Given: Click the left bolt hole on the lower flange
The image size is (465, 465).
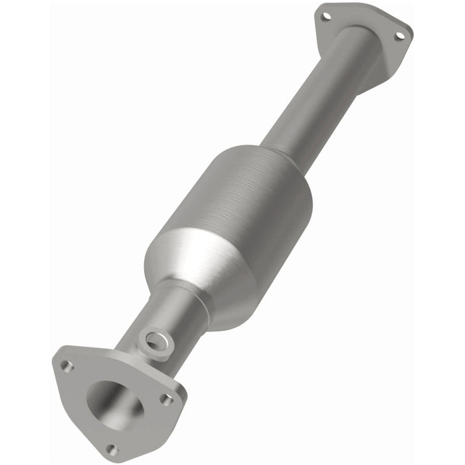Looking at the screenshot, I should point(66,365).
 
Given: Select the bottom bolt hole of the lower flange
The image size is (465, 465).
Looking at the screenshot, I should point(112,450).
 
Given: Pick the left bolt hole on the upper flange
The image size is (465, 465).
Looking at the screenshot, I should point(325,17).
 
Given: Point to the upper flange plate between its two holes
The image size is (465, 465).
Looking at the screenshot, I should point(362,20).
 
